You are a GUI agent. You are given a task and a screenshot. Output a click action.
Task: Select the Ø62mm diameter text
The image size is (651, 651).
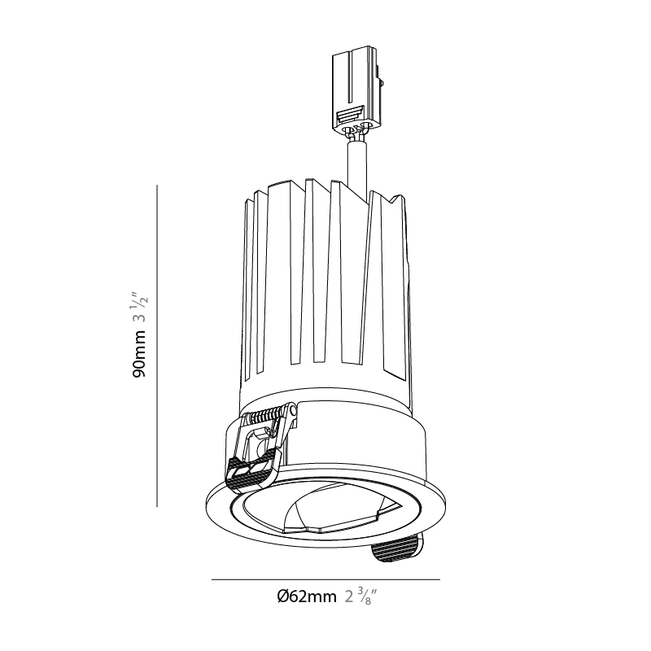tap(307, 597)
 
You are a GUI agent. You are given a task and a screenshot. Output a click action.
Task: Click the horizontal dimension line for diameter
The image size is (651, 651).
tap(325, 579)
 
